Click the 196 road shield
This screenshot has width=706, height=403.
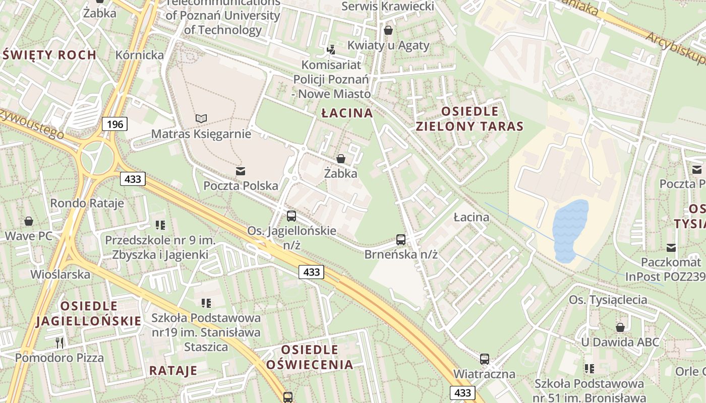[115, 124]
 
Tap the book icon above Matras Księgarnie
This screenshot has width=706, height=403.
[201, 119]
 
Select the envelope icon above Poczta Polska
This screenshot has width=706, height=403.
[241, 171]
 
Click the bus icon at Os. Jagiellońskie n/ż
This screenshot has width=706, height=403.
[291, 216]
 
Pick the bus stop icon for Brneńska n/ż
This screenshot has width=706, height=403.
[401, 240]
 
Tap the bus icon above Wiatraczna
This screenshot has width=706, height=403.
[485, 359]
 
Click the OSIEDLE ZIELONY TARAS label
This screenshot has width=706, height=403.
[470, 119]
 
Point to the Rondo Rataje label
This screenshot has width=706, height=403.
[87, 204]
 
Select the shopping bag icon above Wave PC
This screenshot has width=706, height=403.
[29, 221]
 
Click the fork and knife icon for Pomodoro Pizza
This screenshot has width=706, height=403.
[60, 343]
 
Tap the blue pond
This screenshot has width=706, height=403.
[570, 229]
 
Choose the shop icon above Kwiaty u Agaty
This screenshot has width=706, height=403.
[388, 31]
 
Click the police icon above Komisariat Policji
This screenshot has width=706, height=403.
[331, 49]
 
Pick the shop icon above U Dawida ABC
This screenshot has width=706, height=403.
[620, 327]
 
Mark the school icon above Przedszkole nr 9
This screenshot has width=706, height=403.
[160, 225]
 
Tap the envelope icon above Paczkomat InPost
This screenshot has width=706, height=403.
[671, 247]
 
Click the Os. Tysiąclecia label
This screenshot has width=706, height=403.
[608, 300]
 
